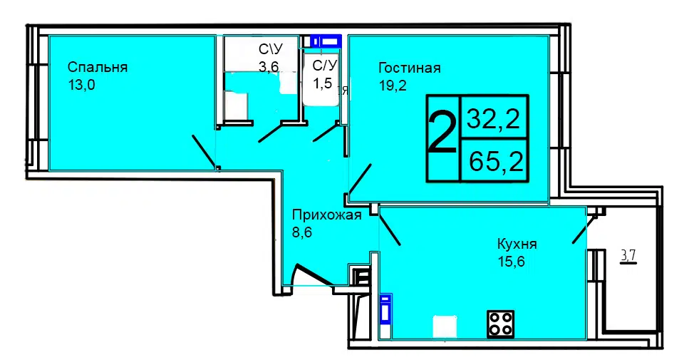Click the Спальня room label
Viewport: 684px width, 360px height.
point(98,68)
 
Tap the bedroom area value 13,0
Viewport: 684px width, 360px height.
point(81,85)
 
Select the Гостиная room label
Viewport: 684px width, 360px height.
point(410,68)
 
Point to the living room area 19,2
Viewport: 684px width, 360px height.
point(393,85)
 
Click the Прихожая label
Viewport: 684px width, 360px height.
point(327,215)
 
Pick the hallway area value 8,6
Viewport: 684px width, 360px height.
point(302,232)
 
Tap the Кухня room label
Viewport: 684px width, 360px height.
point(517,244)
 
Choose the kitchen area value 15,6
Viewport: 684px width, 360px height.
point(511,262)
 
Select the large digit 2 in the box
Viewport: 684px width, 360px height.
point(442,132)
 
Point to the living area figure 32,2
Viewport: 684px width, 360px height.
point(493,118)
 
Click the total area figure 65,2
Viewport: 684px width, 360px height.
point(497,161)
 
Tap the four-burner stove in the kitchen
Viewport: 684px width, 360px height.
point(500,324)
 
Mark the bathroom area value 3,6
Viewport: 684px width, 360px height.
point(269,67)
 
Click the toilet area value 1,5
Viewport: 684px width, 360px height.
point(322,83)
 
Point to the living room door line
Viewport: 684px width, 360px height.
point(361,180)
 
